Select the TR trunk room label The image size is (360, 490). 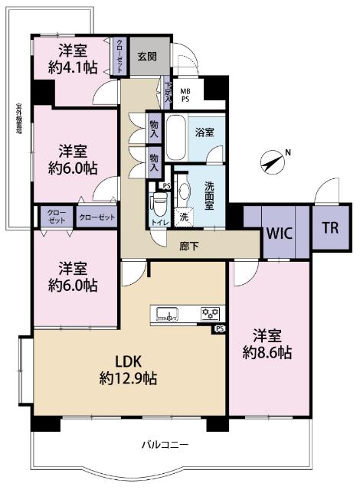click(x=330, y=227)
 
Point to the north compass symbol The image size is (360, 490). click(x=273, y=162)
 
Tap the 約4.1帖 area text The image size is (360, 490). click(x=74, y=67)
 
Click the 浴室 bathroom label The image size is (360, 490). click(x=202, y=132)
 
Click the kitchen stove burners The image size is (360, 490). click(x=210, y=312)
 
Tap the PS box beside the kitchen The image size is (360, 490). click(x=221, y=330)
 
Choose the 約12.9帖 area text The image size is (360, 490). click(x=127, y=377)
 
